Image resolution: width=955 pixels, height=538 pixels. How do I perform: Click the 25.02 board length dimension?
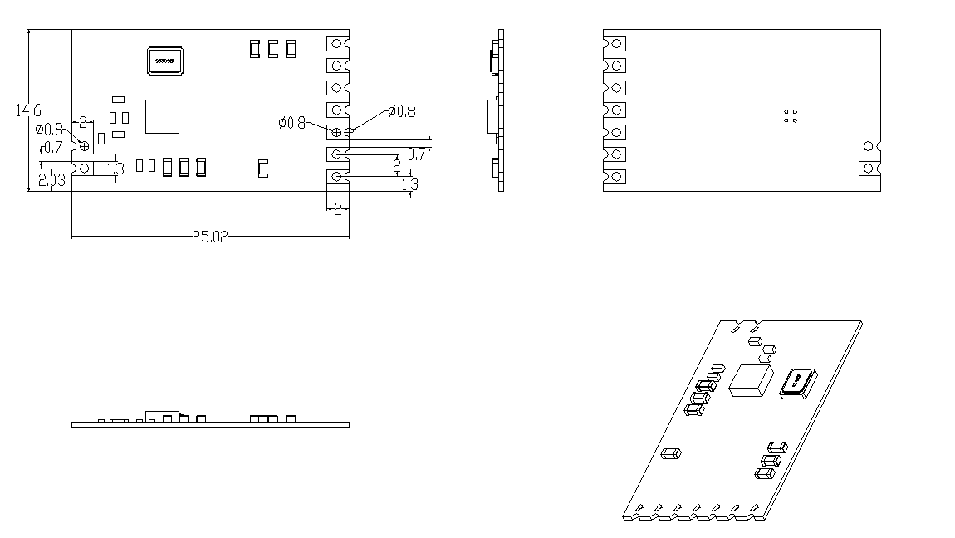pyautogui.click(x=209, y=237)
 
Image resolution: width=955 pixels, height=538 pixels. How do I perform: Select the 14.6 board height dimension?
pyautogui.click(x=28, y=110)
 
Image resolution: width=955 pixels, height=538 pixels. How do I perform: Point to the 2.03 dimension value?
pyautogui.click(x=51, y=179)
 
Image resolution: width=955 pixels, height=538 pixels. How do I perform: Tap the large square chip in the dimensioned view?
pyautogui.click(x=162, y=116)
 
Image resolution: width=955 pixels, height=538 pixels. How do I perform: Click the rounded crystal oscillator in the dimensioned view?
pyautogui.click(x=164, y=61)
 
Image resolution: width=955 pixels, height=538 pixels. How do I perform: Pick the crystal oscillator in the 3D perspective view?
pyautogui.click(x=797, y=383)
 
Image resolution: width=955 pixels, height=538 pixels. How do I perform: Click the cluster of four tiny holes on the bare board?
pyautogui.click(x=791, y=116)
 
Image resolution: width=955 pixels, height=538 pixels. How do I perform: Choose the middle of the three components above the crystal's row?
pyautogui.click(x=273, y=49)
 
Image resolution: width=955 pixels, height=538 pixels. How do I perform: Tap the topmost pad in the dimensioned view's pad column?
pyautogui.click(x=337, y=42)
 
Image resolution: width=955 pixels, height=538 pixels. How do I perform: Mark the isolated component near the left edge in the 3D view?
pyautogui.click(x=671, y=453)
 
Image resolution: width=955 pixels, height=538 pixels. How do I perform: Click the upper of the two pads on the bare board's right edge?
pyautogui.click(x=869, y=146)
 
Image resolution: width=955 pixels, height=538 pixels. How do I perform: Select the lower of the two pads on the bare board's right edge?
pyautogui.click(x=869, y=169)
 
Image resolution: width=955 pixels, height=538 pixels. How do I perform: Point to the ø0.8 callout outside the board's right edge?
pyautogui.click(x=402, y=111)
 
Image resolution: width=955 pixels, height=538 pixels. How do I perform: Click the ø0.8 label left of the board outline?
pyautogui.click(x=49, y=129)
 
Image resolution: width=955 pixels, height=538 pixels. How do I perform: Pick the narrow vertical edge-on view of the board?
pyautogui.click(x=501, y=110)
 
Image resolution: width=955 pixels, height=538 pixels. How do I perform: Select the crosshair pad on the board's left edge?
pyautogui.click(x=85, y=146)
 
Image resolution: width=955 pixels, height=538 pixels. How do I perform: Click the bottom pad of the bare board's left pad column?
pyautogui.click(x=615, y=177)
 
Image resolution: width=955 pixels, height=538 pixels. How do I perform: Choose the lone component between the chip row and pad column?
pyautogui.click(x=263, y=169)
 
